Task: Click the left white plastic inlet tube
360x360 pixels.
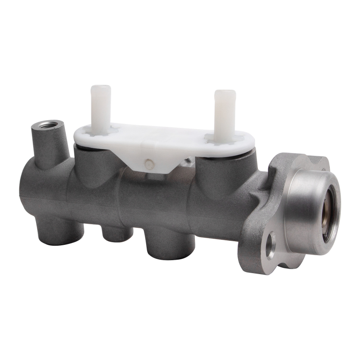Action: [101, 106]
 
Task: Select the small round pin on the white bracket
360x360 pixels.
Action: [149, 163]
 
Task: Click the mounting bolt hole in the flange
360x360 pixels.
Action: [271, 246]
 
